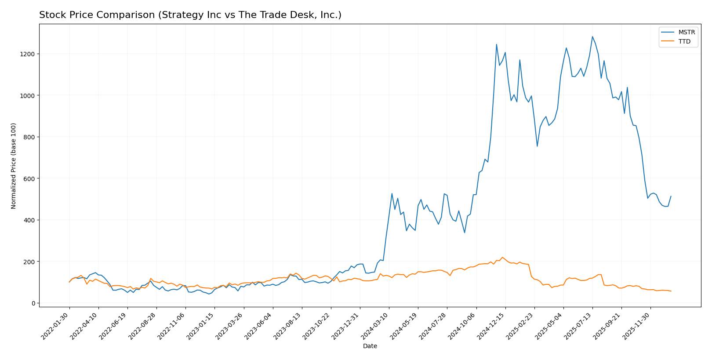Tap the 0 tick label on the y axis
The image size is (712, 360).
point(33,303)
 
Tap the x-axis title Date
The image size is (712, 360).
point(370,346)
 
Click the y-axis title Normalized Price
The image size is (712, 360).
point(14,166)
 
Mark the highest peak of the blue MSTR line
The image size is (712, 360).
point(592,36)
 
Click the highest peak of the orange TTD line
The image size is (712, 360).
point(502,257)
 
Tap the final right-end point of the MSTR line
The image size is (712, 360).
point(671,196)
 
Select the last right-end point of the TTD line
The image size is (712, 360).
point(671,291)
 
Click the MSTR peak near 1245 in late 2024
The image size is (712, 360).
point(497,44)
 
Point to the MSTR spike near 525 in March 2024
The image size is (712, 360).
point(392,193)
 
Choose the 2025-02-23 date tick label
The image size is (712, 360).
point(521,325)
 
